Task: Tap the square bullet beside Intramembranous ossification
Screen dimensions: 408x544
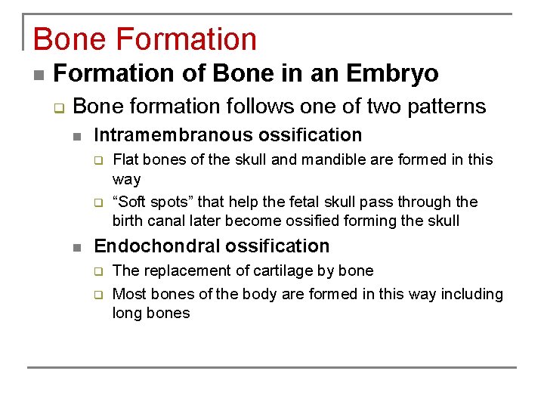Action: point(76,137)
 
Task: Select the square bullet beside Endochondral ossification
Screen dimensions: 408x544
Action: point(76,248)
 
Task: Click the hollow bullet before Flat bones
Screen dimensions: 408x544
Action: point(97,160)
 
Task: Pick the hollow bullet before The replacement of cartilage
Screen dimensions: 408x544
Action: point(97,271)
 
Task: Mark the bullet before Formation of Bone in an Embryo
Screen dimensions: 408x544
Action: point(37,75)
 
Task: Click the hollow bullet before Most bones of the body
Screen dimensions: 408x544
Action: point(97,295)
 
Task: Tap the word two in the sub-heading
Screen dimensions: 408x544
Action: point(366,106)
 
